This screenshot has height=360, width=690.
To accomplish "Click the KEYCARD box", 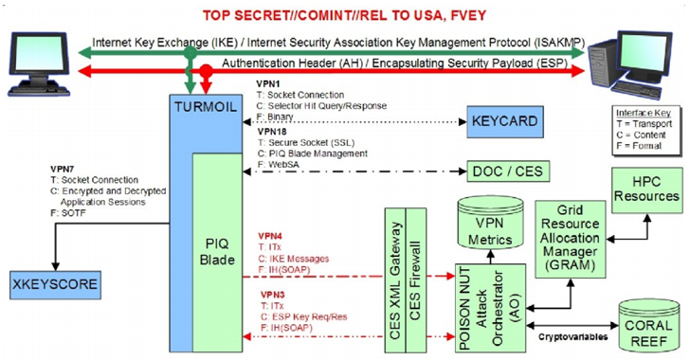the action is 505,121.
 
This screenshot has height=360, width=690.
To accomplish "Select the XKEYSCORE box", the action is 55,285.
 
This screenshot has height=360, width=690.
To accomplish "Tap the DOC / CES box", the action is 508,171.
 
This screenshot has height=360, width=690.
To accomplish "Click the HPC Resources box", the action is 646,190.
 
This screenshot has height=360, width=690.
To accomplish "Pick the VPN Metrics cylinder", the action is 490,224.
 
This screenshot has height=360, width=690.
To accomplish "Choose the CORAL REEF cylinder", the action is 648,326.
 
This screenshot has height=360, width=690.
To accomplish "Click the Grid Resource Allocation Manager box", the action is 570,239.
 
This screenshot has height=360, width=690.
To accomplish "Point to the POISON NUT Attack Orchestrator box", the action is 490,308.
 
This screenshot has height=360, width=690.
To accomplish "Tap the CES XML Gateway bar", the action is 395,280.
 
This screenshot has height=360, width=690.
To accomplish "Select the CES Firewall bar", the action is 416,280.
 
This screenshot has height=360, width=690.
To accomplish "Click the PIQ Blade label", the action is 217,252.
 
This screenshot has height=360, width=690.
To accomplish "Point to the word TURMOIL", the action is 206,107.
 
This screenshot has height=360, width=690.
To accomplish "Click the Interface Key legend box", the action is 645,130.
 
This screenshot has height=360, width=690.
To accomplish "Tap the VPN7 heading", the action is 64,169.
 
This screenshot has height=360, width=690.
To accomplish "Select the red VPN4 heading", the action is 270,237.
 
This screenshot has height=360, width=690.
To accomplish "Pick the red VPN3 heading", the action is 272,295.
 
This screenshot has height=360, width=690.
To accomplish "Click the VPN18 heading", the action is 272,131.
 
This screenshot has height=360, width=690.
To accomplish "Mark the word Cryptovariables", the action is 572,337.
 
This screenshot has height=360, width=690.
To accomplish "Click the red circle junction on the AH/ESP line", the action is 206,70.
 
